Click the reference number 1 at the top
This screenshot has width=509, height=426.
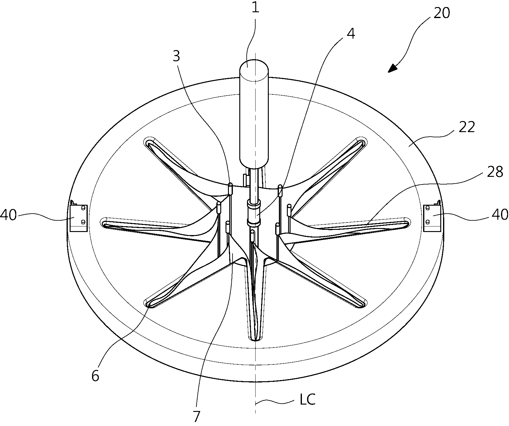tap(255, 7)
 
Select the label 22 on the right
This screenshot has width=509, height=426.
tap(466, 127)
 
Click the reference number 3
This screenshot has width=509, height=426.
tap(177, 57)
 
